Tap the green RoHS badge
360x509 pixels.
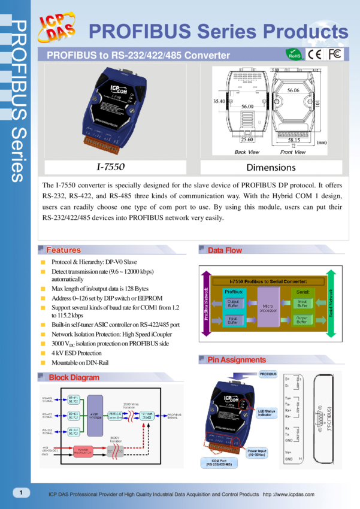(295, 54)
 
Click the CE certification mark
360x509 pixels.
(314, 54)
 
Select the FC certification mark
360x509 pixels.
(335, 54)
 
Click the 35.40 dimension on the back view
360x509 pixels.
(219, 102)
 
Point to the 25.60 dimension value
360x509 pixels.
(247, 140)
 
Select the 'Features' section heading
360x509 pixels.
(63, 250)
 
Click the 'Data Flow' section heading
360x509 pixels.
(225, 250)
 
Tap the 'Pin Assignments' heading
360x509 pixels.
(236, 360)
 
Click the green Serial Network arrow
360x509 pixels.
(330, 303)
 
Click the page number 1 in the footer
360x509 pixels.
(22, 492)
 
